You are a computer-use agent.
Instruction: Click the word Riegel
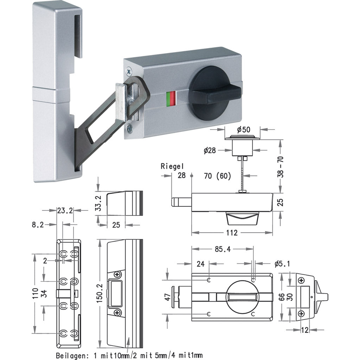click(x=172, y=166)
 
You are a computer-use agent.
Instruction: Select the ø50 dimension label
click(x=244, y=129)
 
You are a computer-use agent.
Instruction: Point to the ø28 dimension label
click(x=210, y=150)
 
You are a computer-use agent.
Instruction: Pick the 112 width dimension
click(x=232, y=233)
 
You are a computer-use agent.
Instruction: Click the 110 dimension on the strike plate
click(x=34, y=292)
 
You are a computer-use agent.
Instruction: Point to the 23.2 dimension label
click(x=65, y=211)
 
